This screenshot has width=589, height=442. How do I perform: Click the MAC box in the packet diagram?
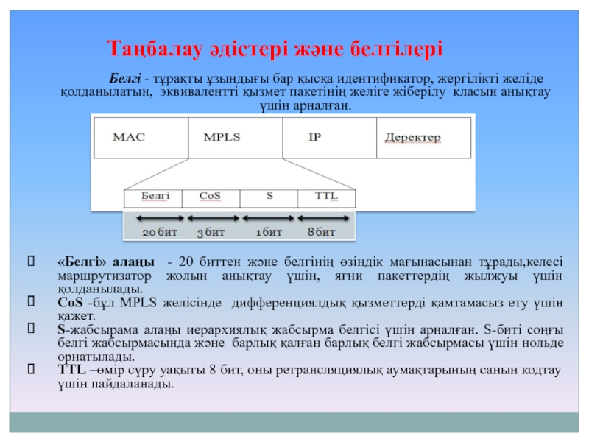click(140, 137)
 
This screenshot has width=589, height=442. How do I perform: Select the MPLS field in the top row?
click(235, 137)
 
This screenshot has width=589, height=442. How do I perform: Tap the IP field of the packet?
click(329, 137)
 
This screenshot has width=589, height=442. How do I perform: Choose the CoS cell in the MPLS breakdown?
click(211, 197)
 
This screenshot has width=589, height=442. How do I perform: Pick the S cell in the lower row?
click(269, 197)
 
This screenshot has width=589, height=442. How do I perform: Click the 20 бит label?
click(160, 233)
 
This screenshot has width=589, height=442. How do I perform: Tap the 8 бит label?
click(322, 233)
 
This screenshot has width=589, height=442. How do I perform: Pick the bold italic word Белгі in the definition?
click(125, 77)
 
